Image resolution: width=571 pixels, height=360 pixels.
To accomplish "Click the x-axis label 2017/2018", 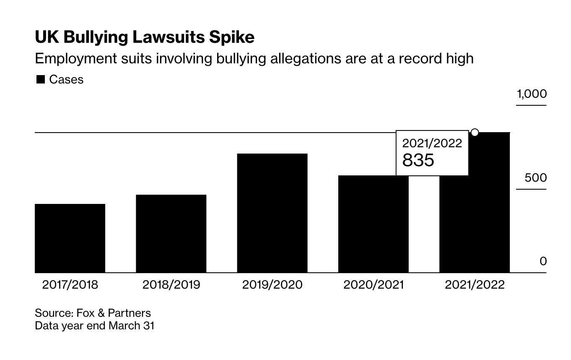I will pyautogui.click(x=70, y=285).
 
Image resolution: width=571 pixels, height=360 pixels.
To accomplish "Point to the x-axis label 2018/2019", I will pyautogui.click(x=171, y=285).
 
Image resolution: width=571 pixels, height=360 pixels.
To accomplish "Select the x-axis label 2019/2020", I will pyautogui.click(x=272, y=285).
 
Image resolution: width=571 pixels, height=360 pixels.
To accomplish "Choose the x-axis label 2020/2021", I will pyautogui.click(x=373, y=285).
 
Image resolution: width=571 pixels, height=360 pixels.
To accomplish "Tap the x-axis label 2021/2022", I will pyautogui.click(x=475, y=285).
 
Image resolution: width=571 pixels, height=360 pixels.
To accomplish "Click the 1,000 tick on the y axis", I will pyautogui.click(x=532, y=94).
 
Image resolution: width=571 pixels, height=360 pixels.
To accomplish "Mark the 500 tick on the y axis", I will pyautogui.click(x=536, y=178).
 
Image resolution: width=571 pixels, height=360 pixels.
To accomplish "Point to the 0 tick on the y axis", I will pyautogui.click(x=543, y=261).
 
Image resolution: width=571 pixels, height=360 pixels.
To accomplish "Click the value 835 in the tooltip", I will pyautogui.click(x=418, y=160).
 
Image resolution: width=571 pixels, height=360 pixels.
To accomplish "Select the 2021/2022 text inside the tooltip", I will pyautogui.click(x=432, y=143).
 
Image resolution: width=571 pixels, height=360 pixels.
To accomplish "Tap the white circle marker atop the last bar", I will pyautogui.click(x=475, y=133).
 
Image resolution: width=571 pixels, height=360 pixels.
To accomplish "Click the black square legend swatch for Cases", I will pyautogui.click(x=40, y=80).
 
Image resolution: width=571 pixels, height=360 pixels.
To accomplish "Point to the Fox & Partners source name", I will pyautogui.click(x=113, y=313).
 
